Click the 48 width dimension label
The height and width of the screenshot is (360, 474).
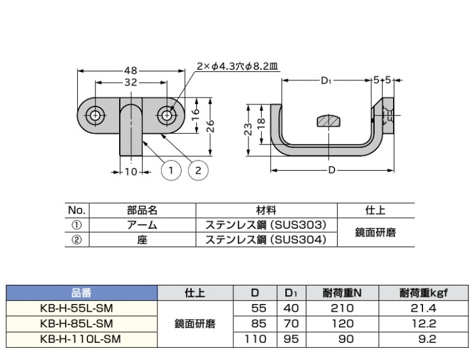pos(130,71)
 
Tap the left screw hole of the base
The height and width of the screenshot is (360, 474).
pos(95,116)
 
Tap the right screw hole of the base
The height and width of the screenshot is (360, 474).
pos(166,116)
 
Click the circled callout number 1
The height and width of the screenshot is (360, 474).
pos(171,169)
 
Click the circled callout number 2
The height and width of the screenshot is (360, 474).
pos(198,169)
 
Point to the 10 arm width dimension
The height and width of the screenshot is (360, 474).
pos(130,171)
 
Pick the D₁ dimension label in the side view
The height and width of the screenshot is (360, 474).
pos(326,81)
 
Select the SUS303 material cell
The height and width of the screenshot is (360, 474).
pos(266,225)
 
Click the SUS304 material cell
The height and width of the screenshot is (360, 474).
pos(266,240)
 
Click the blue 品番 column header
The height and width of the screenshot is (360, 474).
pos(81,293)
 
